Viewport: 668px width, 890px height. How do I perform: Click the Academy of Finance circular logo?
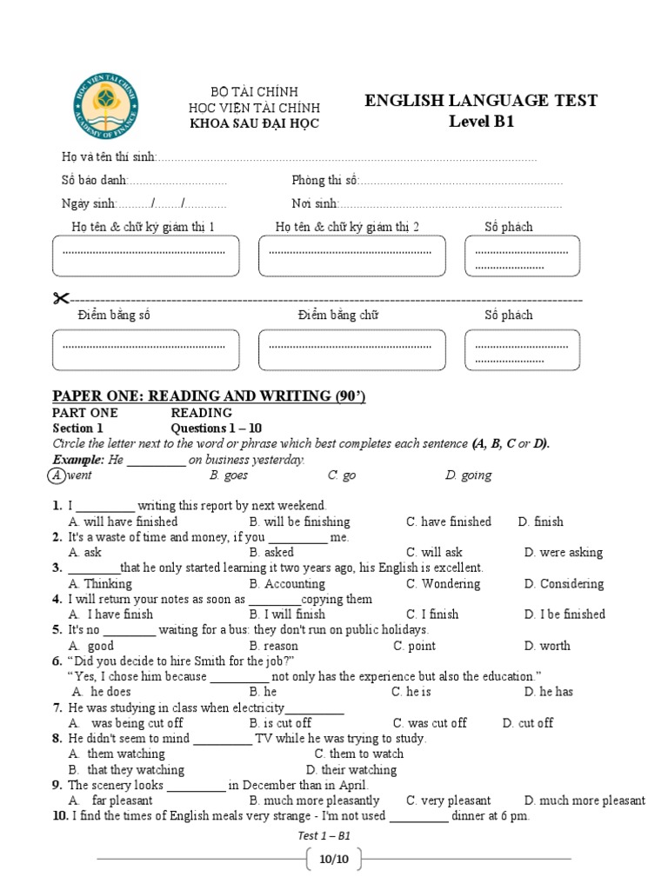[x=105, y=109]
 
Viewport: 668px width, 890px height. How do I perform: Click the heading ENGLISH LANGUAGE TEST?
[x=481, y=101]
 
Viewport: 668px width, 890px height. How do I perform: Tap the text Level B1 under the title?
[x=481, y=122]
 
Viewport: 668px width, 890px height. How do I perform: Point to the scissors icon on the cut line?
[x=60, y=299]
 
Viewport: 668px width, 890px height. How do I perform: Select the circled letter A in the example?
[x=56, y=475]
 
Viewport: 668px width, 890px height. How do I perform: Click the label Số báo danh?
[x=95, y=181]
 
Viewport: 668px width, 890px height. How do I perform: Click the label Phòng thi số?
[x=324, y=181]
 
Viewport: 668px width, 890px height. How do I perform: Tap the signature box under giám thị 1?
[x=145, y=256]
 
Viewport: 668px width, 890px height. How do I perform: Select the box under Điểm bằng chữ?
[x=351, y=349]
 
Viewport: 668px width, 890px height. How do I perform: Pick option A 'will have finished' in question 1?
[x=123, y=521]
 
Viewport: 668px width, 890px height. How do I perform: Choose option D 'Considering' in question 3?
[x=564, y=584]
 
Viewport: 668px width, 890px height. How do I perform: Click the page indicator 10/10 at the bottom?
[x=333, y=860]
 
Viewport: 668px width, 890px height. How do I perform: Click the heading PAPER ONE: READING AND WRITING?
[x=209, y=396]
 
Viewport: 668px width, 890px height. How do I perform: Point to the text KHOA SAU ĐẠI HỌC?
[x=254, y=123]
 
